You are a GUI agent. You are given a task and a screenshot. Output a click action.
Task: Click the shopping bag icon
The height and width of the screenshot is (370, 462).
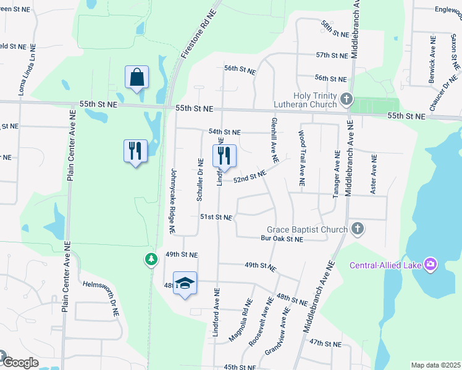click(136, 78)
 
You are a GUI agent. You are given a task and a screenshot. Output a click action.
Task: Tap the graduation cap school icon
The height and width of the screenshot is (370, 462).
click(185, 283)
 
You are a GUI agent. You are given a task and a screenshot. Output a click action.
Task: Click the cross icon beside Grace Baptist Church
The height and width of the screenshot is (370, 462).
click(356, 229)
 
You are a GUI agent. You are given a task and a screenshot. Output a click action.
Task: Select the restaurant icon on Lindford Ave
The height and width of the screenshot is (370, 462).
click(224, 155)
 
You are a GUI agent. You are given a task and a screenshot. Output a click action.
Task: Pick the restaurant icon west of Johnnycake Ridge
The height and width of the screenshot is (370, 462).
click(135, 151)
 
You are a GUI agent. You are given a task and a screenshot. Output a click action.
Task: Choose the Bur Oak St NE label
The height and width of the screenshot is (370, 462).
click(282, 239)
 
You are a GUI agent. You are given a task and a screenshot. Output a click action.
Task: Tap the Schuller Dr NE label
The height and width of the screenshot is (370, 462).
click(199, 179)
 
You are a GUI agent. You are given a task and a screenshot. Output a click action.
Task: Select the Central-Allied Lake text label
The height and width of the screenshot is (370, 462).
click(385, 266)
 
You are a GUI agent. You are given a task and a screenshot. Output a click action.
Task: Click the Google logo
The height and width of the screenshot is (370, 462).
click(20, 363)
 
